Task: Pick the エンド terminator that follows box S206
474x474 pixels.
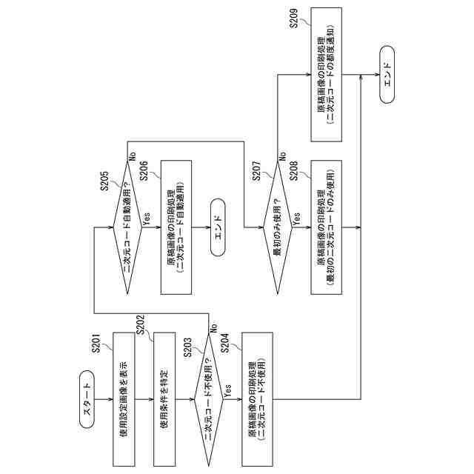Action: [x=217, y=227]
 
